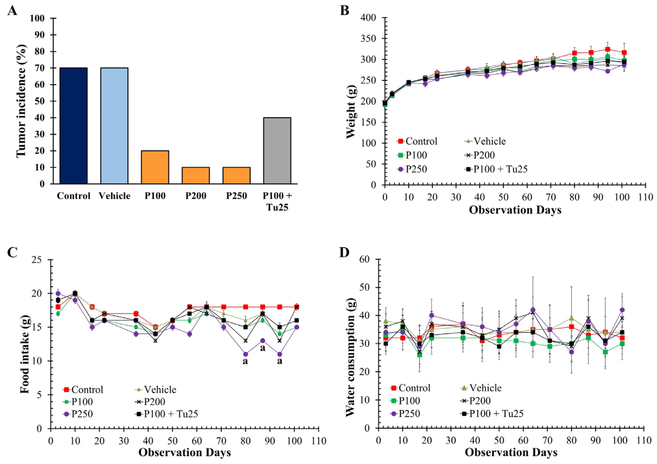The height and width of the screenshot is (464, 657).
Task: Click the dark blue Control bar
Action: (x=74, y=126)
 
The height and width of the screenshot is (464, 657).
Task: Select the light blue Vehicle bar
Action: (x=114, y=126)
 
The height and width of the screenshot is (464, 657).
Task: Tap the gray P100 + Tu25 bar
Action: (x=277, y=151)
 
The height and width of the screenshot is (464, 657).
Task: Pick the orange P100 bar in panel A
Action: (x=155, y=167)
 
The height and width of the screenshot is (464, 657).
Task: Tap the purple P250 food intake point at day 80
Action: (x=245, y=354)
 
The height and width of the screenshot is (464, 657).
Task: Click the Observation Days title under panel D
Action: (x=511, y=452)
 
